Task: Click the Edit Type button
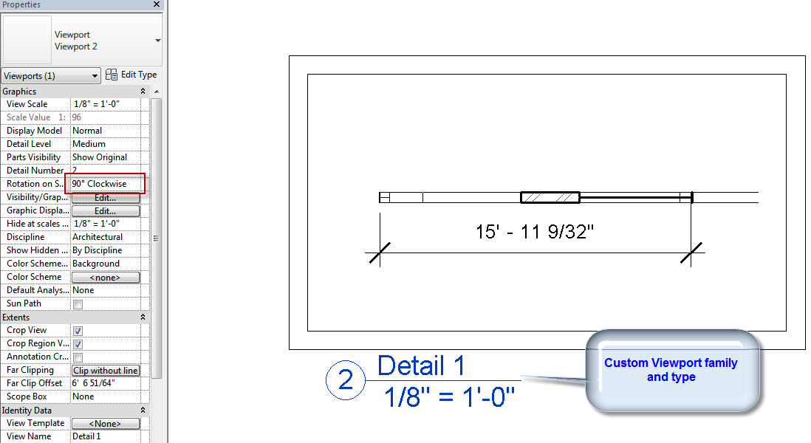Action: (x=131, y=75)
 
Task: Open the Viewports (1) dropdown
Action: (x=51, y=76)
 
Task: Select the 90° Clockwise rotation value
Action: (x=100, y=184)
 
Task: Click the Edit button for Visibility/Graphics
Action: (x=105, y=198)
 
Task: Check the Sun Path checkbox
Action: (x=78, y=304)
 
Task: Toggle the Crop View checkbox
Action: (x=78, y=331)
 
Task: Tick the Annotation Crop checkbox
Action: (x=78, y=357)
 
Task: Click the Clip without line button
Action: (x=105, y=371)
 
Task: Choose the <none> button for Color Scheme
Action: (x=105, y=278)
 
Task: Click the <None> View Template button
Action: (x=105, y=424)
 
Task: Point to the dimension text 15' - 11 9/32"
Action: (x=535, y=232)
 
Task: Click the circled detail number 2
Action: (x=346, y=381)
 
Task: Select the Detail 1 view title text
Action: (x=421, y=366)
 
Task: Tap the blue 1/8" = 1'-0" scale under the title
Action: (x=449, y=398)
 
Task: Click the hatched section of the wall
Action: (x=550, y=197)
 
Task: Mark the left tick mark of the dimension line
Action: (x=379, y=253)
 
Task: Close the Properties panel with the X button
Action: (x=157, y=4)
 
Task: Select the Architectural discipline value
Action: (x=97, y=237)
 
